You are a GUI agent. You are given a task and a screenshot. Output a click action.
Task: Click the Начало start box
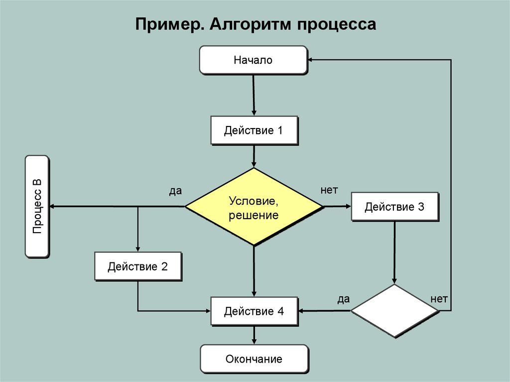tap(253, 60)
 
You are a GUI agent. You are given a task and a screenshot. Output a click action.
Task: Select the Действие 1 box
tap(254, 130)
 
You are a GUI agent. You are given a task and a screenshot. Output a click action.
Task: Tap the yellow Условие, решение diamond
tap(254, 207)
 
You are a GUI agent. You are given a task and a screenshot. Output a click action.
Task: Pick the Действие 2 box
tap(138, 266)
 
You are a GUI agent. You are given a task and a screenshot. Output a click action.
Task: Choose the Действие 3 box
tap(394, 206)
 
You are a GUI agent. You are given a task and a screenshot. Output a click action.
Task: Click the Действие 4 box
tap(254, 311)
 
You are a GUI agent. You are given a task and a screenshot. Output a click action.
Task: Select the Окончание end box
tap(254, 359)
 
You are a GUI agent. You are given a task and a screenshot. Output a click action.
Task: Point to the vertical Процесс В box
tap(37, 206)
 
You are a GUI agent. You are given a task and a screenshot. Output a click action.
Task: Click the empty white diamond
tap(394, 311)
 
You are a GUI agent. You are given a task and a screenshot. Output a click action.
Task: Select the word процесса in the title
tap(337, 24)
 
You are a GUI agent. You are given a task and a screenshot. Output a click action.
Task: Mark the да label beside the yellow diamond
tap(175, 191)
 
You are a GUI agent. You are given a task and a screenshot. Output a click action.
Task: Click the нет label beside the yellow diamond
tap(329, 190)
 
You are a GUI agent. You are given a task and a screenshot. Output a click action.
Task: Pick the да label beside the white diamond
tap(343, 299)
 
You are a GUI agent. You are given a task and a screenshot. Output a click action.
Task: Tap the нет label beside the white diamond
tap(439, 299)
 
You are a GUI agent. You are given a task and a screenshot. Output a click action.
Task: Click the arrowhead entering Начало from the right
tap(311, 60)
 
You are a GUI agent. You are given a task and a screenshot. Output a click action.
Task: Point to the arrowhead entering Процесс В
tap(52, 206)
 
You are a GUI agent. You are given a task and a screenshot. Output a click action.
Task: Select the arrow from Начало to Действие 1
tap(254, 95)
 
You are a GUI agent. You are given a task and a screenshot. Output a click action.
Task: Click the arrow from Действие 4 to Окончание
tap(254, 335)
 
